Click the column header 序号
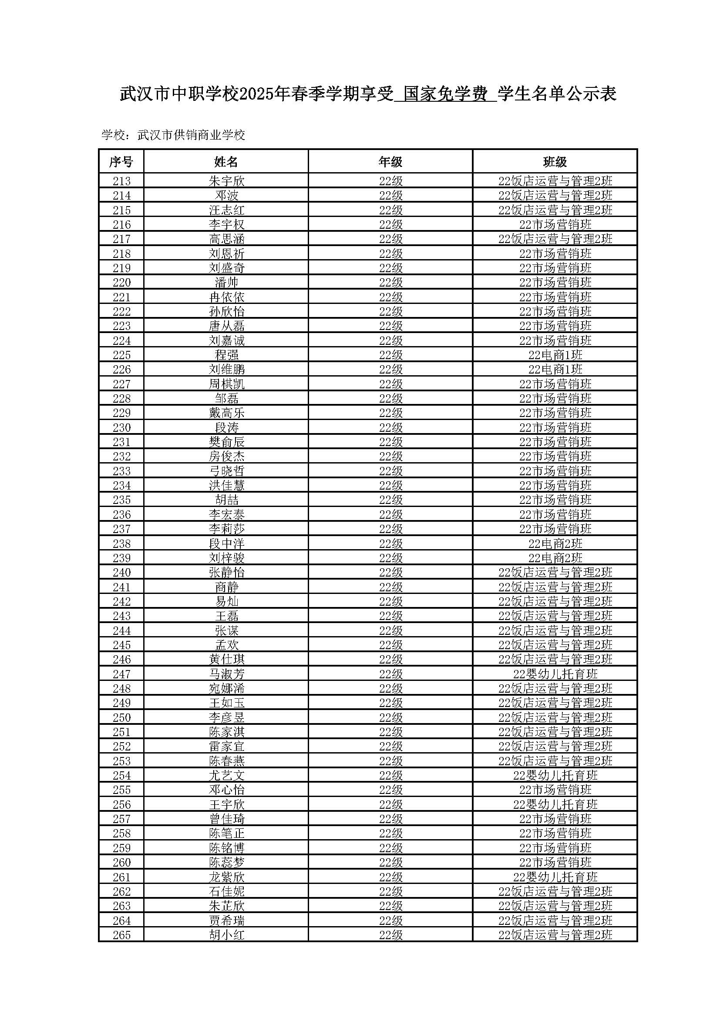(121, 162)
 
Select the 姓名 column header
(226, 162)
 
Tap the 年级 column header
(390, 162)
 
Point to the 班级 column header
(555, 162)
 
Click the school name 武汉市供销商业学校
(191, 135)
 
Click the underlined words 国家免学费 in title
(445, 94)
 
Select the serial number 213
(121, 181)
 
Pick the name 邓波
(226, 195)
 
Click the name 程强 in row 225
(226, 355)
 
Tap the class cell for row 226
(555, 370)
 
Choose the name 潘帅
(226, 282)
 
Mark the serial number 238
(121, 544)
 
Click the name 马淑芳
(226, 674)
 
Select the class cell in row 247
(555, 674)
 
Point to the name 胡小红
(226, 935)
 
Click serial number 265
(121, 935)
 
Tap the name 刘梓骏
(226, 558)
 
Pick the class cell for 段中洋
(555, 544)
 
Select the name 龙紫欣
(226, 877)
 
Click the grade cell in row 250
(390, 717)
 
